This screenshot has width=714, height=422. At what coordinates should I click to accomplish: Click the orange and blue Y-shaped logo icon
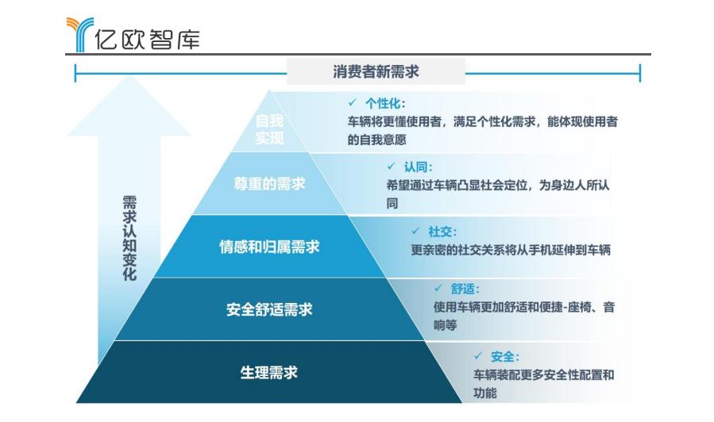click(79, 35)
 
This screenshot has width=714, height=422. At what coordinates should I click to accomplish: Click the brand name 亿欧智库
click(148, 39)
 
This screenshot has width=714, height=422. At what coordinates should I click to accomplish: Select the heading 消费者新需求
click(376, 71)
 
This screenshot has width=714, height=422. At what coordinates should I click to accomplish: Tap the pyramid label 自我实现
click(269, 129)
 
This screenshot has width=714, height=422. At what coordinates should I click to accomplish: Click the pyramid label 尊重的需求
click(269, 184)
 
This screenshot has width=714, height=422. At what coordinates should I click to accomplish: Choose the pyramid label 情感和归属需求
click(269, 247)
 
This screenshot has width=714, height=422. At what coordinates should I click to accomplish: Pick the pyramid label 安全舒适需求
click(269, 309)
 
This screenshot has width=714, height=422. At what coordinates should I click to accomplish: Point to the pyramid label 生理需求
click(268, 373)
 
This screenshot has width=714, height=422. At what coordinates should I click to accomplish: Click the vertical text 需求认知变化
click(129, 238)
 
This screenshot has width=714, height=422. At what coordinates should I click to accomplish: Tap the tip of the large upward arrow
click(129, 76)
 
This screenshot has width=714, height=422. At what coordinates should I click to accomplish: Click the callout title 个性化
click(383, 104)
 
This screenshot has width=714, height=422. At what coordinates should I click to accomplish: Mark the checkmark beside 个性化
click(352, 103)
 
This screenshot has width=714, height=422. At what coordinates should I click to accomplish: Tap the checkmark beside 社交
click(415, 231)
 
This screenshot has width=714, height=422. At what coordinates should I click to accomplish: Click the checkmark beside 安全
click(477, 355)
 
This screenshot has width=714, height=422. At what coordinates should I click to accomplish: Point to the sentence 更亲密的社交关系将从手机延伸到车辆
click(511, 250)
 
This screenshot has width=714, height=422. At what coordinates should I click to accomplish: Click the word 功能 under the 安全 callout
click(485, 393)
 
